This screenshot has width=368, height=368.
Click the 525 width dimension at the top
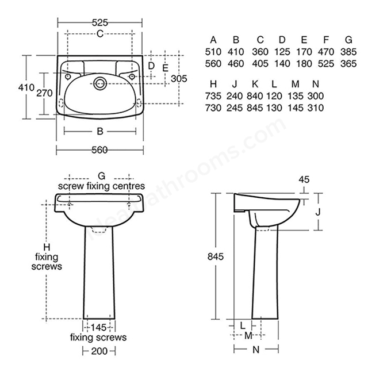point(100,22)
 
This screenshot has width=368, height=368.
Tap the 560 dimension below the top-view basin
point(99,150)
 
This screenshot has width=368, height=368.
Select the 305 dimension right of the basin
point(179,78)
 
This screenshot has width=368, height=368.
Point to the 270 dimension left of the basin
point(44,93)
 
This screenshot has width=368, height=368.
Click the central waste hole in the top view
point(100,83)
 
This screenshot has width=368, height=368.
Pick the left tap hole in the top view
point(68,76)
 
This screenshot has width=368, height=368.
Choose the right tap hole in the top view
point(132,76)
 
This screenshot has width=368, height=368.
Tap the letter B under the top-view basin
point(100,131)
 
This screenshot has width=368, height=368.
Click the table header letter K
point(255,84)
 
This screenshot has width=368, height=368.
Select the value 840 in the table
point(255,96)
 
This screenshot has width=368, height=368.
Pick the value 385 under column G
point(348,52)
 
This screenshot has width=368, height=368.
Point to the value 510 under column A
point(213,52)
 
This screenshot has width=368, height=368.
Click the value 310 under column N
point(316,108)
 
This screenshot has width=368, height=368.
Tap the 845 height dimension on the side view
point(216,256)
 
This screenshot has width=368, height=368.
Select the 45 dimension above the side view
point(304,179)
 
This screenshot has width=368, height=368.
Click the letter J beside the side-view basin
point(318,212)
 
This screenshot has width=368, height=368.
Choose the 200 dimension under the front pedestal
point(99,351)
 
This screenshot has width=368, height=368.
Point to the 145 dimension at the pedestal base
point(98,327)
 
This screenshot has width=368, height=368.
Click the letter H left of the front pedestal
point(47,247)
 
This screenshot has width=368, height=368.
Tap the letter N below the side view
point(256,350)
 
